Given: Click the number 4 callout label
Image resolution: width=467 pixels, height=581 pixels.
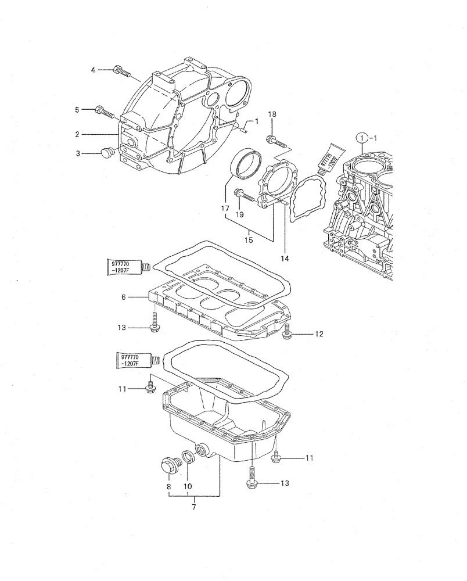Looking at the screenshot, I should (x=93, y=70).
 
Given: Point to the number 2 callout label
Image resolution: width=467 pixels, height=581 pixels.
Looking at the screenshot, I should (x=77, y=134).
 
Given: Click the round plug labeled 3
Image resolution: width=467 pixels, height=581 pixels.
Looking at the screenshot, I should (x=106, y=153).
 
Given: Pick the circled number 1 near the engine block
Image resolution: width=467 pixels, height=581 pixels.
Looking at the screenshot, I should (x=362, y=138).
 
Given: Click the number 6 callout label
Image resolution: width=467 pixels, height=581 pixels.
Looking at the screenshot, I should (x=123, y=297).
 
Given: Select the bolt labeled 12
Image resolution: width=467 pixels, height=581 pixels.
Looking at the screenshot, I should (x=287, y=332).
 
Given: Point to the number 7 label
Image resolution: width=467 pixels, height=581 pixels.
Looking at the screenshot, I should (x=193, y=507).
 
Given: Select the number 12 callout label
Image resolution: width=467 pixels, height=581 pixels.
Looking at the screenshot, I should (x=319, y=334).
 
